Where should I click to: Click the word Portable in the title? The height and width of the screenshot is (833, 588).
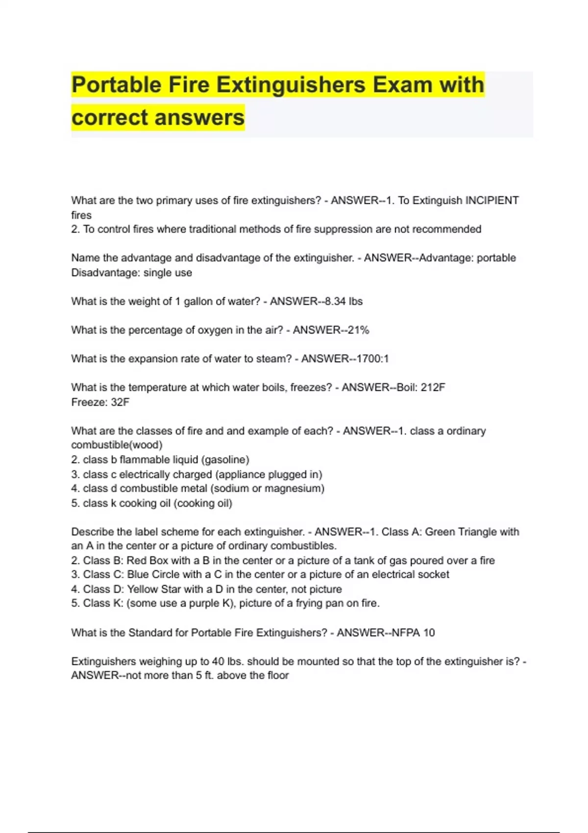coord(116,85)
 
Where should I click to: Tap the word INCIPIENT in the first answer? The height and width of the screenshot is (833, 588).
coord(491,200)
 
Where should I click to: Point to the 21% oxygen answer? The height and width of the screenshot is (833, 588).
coord(358,330)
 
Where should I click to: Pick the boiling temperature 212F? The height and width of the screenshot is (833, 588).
coord(433,388)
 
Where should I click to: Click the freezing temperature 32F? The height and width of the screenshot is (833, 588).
coord(120,402)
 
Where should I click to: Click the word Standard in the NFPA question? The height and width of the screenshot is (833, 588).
coord(150,633)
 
